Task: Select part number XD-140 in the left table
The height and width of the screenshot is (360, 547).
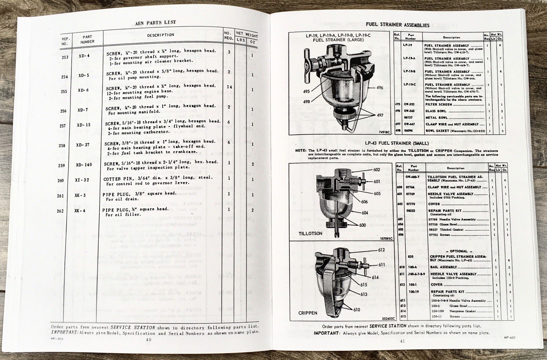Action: (x=84, y=165)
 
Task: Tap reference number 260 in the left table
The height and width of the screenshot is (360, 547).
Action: (x=61, y=181)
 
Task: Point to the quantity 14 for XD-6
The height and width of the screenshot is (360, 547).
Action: (x=229, y=87)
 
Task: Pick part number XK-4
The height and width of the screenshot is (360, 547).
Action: (x=79, y=211)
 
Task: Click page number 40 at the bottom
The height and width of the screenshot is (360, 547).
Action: (x=149, y=339)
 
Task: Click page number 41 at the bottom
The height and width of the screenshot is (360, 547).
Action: (x=402, y=341)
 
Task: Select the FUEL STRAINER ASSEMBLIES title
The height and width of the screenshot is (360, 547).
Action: (x=397, y=25)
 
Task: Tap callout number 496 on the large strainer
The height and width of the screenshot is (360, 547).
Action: (x=379, y=88)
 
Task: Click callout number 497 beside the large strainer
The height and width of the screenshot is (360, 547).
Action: (x=380, y=115)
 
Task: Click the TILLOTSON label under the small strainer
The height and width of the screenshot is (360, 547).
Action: (x=310, y=234)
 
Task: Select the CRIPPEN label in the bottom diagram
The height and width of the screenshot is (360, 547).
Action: (x=308, y=313)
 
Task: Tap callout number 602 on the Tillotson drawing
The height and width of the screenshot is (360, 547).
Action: (x=376, y=170)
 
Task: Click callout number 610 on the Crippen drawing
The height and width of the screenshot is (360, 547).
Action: (x=357, y=310)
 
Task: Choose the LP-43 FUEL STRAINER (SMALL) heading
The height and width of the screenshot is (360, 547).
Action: (x=397, y=143)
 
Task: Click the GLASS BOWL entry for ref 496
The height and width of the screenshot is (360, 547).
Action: (x=436, y=111)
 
